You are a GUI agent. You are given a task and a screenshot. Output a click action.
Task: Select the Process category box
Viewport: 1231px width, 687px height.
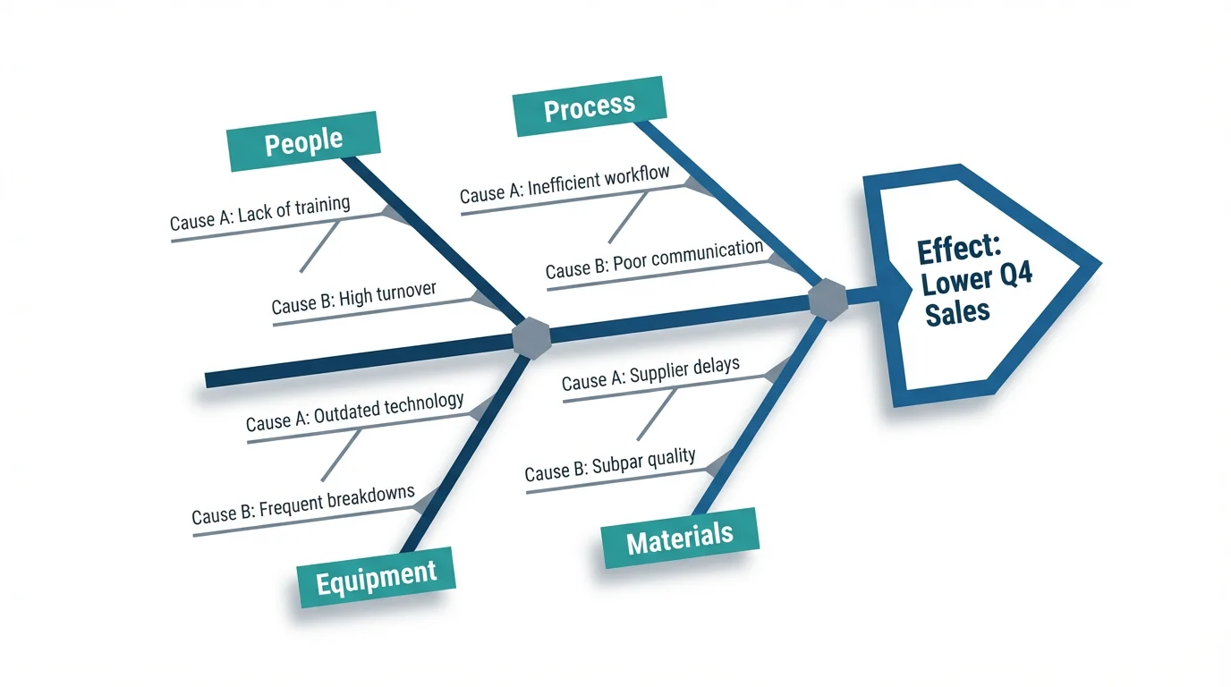[x=589, y=107]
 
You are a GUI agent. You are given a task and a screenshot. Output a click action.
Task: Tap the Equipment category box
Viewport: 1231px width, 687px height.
[x=376, y=576]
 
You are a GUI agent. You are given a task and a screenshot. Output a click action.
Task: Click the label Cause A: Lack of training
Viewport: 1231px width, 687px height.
[x=259, y=213]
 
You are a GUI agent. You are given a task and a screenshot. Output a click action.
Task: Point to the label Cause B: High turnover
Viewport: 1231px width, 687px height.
[x=353, y=298]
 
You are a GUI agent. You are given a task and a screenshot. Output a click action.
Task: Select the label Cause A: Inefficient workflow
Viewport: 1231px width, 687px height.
[x=565, y=182]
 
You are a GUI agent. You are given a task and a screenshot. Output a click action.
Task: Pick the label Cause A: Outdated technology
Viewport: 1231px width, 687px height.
[x=354, y=412]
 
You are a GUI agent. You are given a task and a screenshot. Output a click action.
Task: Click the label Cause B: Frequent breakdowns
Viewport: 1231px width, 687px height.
[x=303, y=505]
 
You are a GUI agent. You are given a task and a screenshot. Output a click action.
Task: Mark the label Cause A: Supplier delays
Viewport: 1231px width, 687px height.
[x=650, y=374]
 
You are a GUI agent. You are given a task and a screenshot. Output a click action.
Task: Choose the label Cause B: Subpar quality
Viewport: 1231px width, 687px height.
[x=609, y=465]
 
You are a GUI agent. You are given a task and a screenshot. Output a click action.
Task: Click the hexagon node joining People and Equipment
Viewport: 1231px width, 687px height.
[x=531, y=338]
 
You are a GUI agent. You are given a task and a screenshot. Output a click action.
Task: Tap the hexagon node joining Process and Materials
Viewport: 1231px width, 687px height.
[x=827, y=299]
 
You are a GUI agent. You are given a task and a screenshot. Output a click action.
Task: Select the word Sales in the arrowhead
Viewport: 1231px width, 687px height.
[x=957, y=311]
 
